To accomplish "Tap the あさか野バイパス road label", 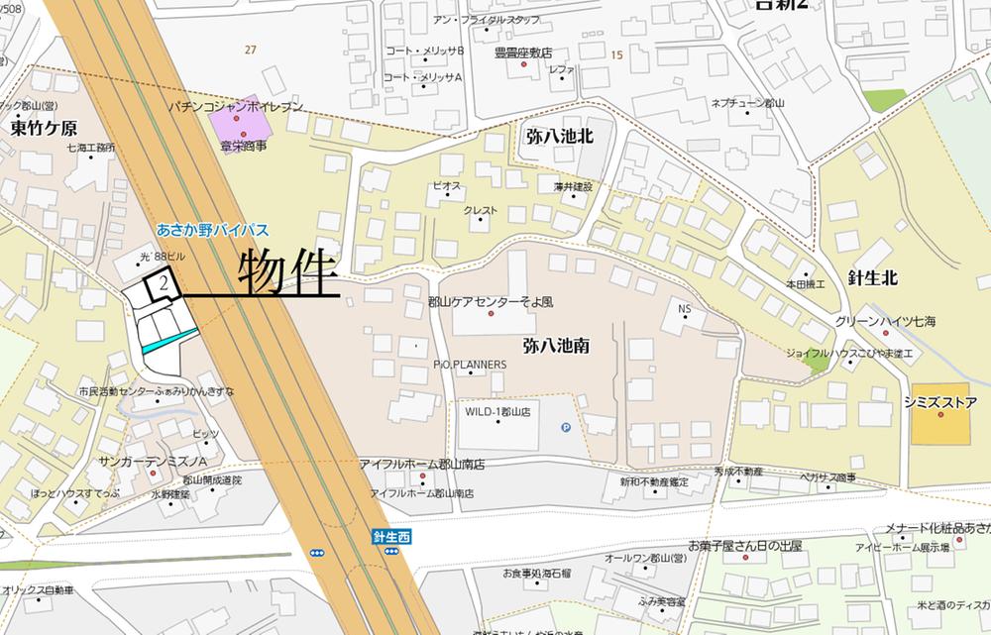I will [x=212, y=229].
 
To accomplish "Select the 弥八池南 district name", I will [x=557, y=346].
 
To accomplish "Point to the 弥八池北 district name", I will [x=560, y=137].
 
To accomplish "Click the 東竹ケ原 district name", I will [x=45, y=129].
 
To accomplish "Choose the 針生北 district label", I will [x=872, y=278].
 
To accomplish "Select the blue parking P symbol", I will [x=566, y=428].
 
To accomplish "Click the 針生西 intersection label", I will [x=391, y=536].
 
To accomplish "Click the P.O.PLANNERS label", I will [x=470, y=365].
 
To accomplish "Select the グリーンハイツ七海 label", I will [x=885, y=321].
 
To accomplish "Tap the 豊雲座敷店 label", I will [x=523, y=53].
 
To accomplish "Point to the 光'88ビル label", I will [x=164, y=257].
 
